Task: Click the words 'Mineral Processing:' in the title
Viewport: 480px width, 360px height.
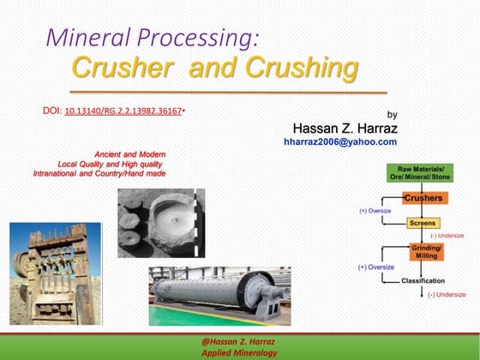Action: click(150, 37)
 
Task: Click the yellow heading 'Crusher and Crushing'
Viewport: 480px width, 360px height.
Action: click(202, 67)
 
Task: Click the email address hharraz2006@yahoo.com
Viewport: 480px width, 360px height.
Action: click(340, 141)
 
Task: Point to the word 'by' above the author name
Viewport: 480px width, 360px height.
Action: click(393, 113)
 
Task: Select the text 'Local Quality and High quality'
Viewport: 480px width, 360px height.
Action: click(110, 163)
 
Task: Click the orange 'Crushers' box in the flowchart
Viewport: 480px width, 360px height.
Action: click(423, 199)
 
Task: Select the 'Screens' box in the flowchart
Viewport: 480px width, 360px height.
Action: click(423, 223)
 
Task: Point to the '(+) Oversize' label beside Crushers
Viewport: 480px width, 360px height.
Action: click(375, 210)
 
